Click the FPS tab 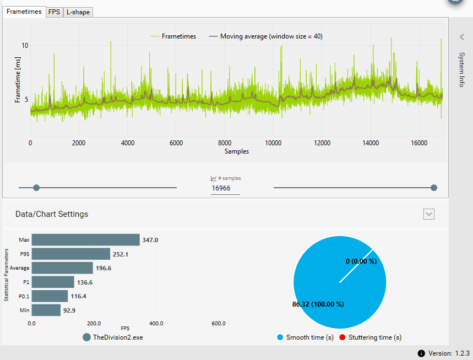tap(54, 12)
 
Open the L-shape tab tap(78, 12)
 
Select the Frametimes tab tap(24, 11)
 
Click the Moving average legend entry tap(265, 36)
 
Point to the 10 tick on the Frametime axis tap(25, 45)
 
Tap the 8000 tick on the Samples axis tap(225, 143)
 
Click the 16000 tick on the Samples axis tap(419, 143)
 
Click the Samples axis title tap(236, 151)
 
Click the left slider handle tap(36, 188)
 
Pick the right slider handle tap(434, 188)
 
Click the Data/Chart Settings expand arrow tap(429, 214)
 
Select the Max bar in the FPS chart tap(85, 240)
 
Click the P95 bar tap(70, 254)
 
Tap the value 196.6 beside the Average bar tap(105, 268)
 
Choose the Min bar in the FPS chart tap(46, 310)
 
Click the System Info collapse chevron tap(461, 37)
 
